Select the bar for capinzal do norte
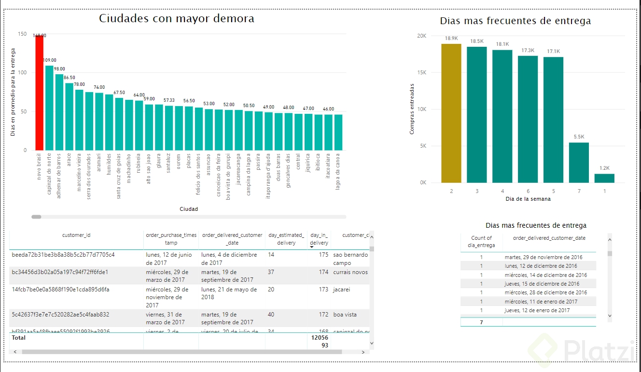point(49,108)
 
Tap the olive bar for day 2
point(451,113)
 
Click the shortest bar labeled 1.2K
point(604,178)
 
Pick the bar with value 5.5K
point(579,163)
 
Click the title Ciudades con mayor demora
point(177,19)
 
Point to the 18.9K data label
point(451,38)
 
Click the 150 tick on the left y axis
point(22,34)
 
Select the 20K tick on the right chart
point(421,36)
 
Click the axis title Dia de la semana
point(528,199)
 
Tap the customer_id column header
point(76,235)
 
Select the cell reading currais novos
point(350,272)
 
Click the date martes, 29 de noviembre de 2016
point(544,257)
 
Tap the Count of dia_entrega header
point(481,241)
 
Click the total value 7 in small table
point(481,322)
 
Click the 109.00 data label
point(50,60)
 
